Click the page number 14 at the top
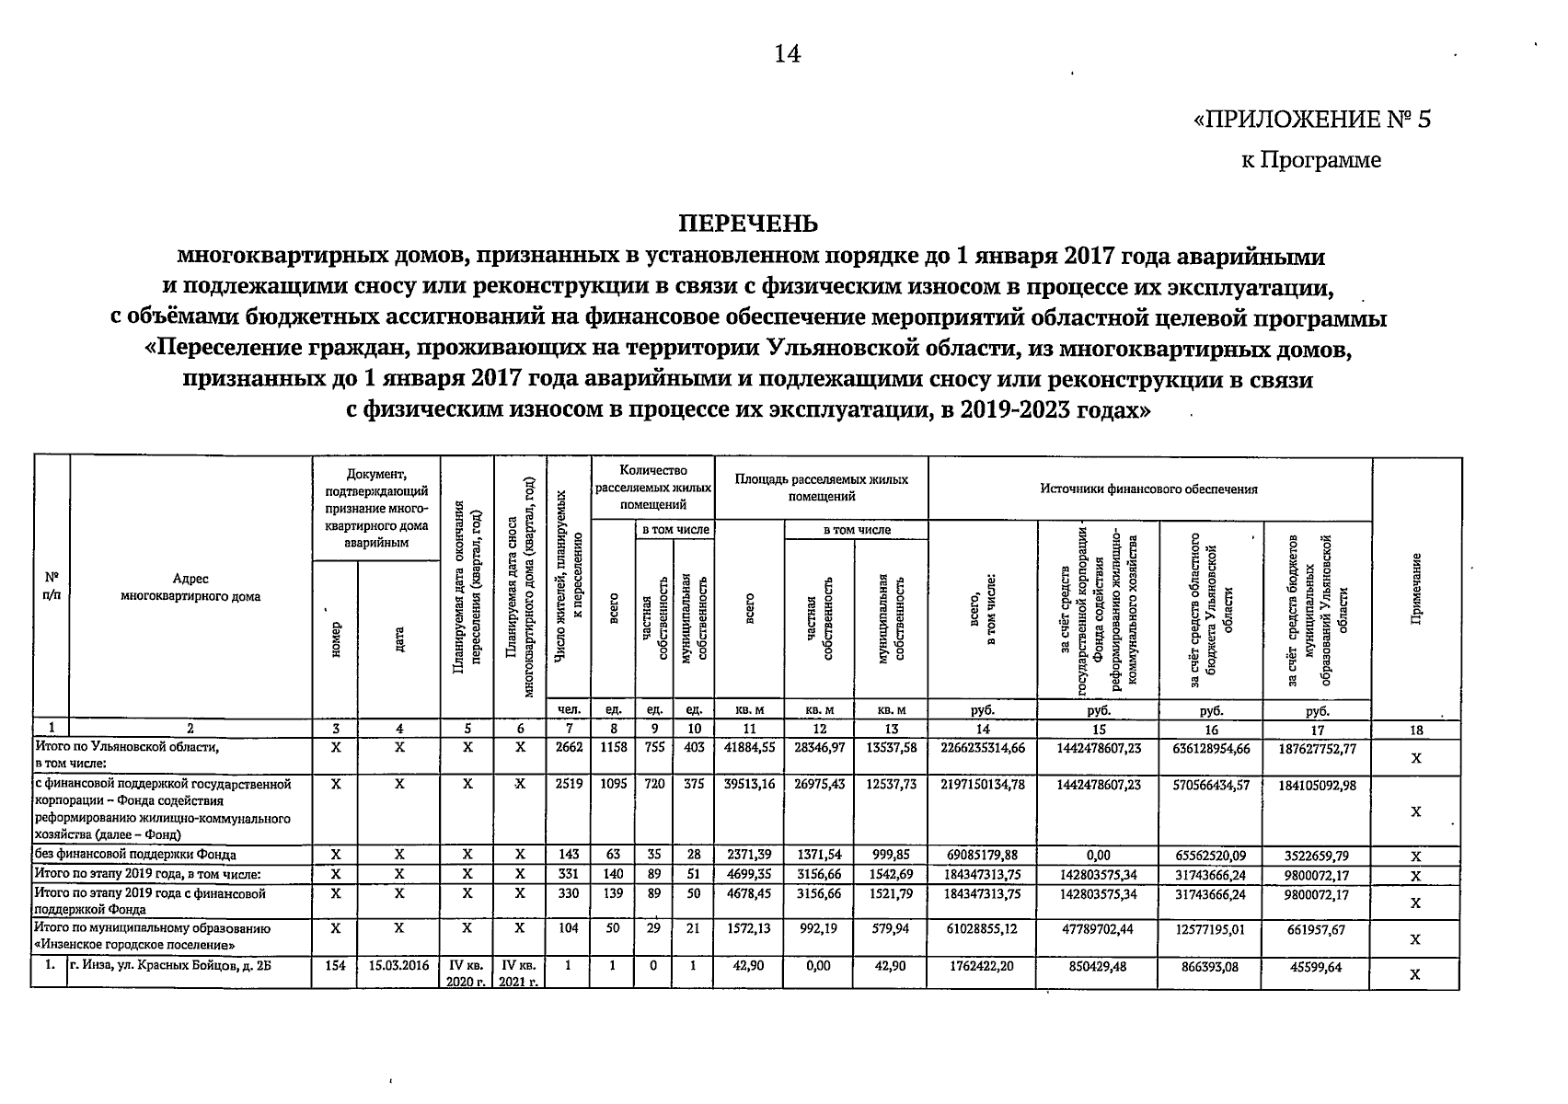point(787,54)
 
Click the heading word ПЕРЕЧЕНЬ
point(748,224)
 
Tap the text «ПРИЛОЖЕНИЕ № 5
point(1311,121)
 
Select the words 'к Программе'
point(1310,160)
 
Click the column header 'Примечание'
point(1417,588)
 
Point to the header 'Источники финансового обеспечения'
point(1149,489)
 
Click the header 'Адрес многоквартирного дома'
point(190,587)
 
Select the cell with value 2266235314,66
point(983,748)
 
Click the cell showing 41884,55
point(749,748)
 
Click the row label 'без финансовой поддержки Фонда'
point(136,855)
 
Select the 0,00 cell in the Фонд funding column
point(1099,855)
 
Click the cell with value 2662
point(570,748)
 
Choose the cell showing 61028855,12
point(983,929)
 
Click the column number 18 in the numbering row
point(1416,730)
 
